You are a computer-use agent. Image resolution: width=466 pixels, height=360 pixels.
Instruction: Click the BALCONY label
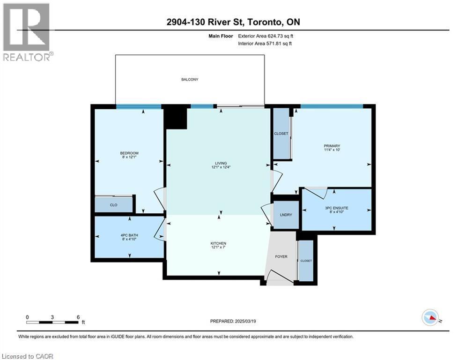pyautogui.click(x=190, y=80)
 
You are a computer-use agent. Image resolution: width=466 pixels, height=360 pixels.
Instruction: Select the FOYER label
pyautogui.click(x=281, y=257)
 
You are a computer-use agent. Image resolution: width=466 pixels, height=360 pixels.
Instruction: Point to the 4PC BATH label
pyautogui.click(x=129, y=235)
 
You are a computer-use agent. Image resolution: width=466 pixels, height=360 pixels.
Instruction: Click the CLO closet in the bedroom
pyautogui.click(x=113, y=205)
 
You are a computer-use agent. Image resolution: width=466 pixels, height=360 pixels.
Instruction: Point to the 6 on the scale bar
pyautogui.click(x=78, y=317)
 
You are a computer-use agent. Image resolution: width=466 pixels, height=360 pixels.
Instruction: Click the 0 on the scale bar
pyautogui.click(x=28, y=317)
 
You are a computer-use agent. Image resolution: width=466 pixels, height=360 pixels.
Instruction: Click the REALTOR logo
pyautogui.click(x=27, y=32)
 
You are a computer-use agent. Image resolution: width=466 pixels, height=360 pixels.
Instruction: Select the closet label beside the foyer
pyautogui.click(x=306, y=261)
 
